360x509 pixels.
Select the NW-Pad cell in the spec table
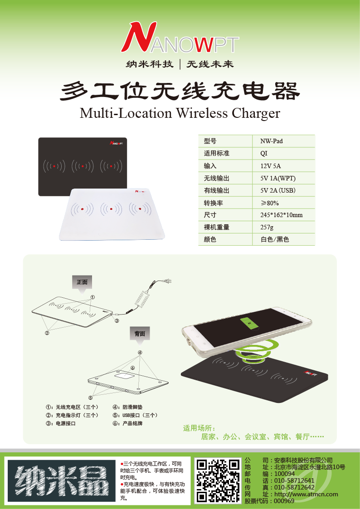tap(284, 141)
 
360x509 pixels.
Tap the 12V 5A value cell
tap(284, 165)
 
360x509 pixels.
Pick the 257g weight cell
tap(284, 227)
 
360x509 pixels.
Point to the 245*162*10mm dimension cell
tap(284, 214)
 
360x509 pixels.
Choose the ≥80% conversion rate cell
tap(284, 203)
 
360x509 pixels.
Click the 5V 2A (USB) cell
tap(284, 190)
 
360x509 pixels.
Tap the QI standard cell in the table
tap(284, 153)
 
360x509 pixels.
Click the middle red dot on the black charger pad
tap(83, 166)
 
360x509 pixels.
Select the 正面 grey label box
tap(82, 282)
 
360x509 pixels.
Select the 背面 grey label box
tap(140, 334)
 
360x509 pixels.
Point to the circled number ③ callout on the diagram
tap(117, 321)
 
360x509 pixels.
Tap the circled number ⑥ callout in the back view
tap(132, 368)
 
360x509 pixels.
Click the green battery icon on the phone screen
tap(249, 324)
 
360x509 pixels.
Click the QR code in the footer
tap(218, 480)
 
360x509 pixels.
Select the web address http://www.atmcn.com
tap(306, 494)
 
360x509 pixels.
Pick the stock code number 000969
tap(284, 501)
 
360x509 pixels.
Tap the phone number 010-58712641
tap(294, 481)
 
